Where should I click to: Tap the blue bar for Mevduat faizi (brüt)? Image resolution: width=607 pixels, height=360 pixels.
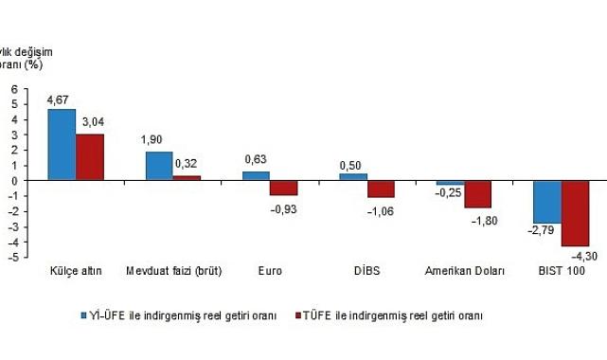click(159, 165)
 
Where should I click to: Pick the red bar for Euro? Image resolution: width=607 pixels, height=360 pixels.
click(283, 188)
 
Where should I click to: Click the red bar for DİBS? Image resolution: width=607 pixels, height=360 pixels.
click(380, 189)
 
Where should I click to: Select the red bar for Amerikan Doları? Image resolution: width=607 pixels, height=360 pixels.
click(477, 194)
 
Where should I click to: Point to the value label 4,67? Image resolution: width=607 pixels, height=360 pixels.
click(62, 98)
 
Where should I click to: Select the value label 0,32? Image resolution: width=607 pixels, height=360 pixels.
click(187, 163)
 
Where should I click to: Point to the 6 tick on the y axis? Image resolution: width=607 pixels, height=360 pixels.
click(14, 88)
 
